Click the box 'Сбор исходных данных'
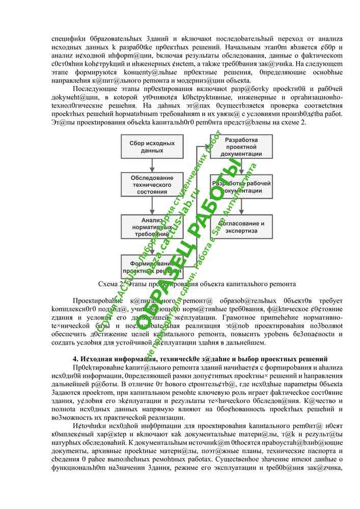[152, 147]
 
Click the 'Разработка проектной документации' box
[241, 147]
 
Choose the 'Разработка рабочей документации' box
[241, 187]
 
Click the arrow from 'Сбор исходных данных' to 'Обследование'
[152, 165]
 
